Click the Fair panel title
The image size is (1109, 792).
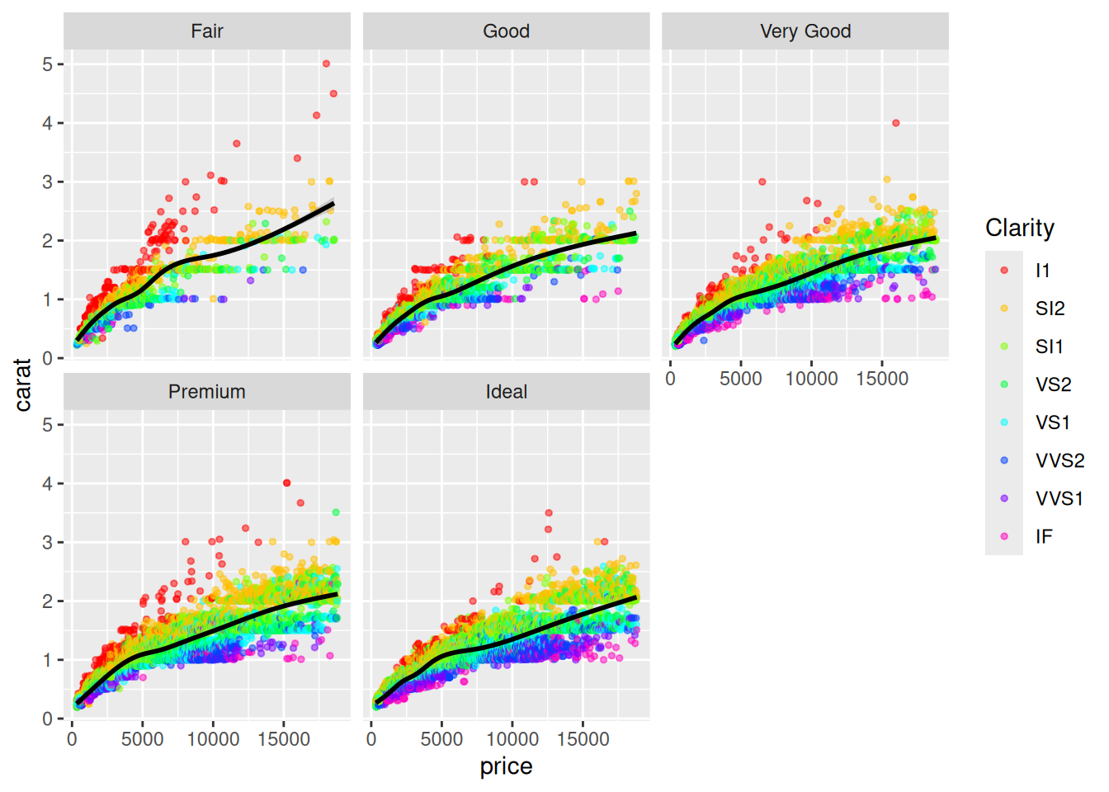tap(206, 31)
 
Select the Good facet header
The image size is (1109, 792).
tap(506, 31)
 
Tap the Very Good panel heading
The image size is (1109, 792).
tap(805, 31)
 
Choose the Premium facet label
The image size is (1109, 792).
tap(206, 392)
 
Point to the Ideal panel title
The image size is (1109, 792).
tap(506, 392)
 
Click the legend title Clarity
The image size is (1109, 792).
tap(1020, 228)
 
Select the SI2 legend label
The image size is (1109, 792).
tap(1050, 309)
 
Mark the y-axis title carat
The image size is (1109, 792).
tap(23, 384)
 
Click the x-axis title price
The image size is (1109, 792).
tap(506, 766)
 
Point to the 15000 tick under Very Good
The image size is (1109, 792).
tap(882, 379)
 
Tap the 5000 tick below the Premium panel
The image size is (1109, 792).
tap(142, 739)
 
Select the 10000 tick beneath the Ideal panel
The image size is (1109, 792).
tap(512, 739)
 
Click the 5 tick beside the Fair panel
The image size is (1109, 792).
tap(48, 64)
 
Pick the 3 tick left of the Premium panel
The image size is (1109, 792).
tap(48, 543)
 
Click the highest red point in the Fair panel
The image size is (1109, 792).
tap(326, 64)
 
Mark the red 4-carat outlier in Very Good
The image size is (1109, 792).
tap(896, 123)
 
